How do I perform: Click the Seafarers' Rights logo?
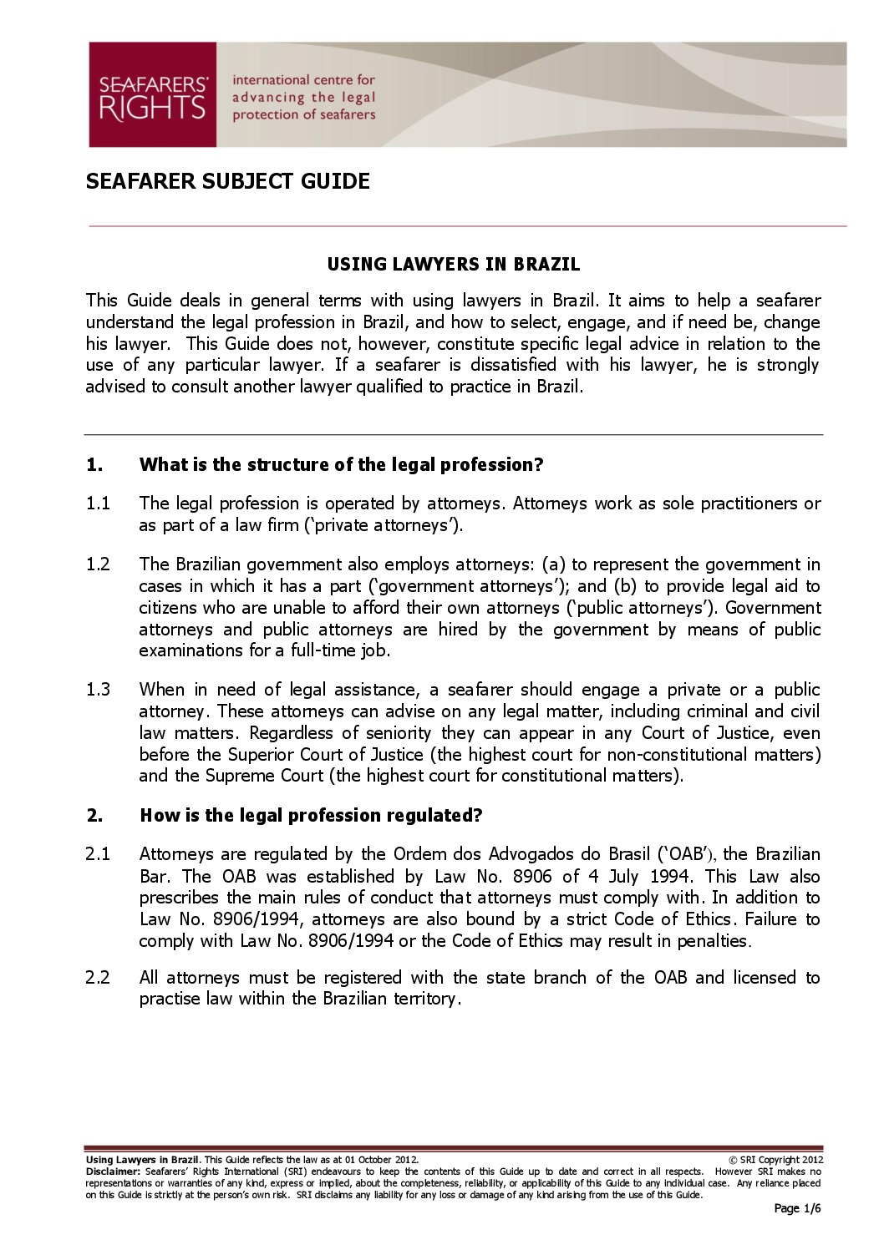[152, 95]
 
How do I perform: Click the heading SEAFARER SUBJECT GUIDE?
[227, 181]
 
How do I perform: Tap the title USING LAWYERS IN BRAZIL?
[453, 265]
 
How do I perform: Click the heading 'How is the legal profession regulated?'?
[311, 816]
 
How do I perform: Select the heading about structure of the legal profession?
[341, 465]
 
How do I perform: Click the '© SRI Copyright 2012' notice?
[776, 1160]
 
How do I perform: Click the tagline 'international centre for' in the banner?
[303, 80]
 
